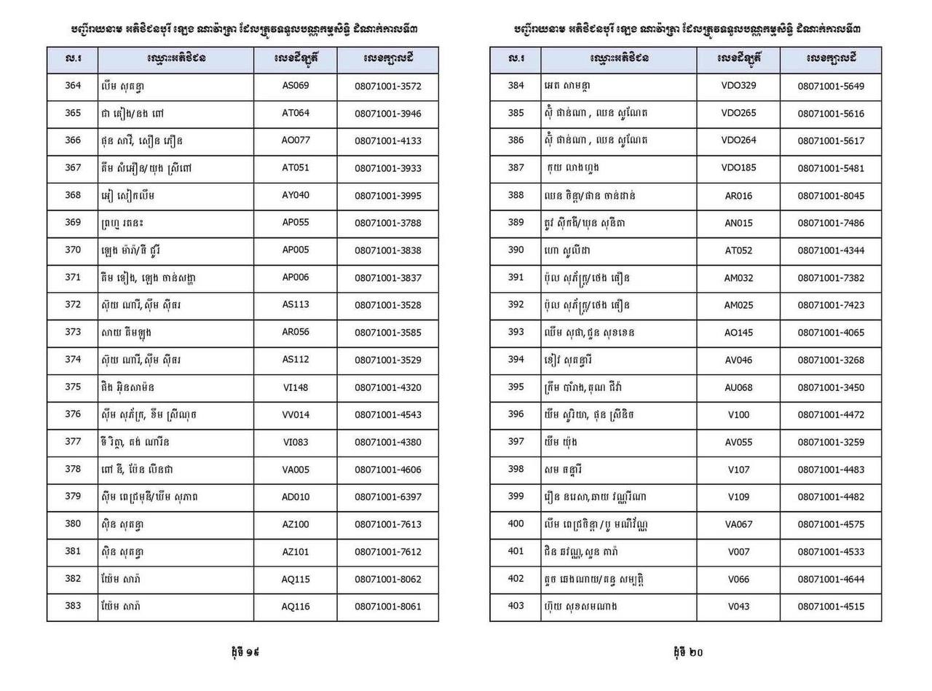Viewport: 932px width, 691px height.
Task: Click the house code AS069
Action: pyautogui.click(x=296, y=86)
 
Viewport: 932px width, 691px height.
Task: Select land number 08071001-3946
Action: pyautogui.click(x=388, y=114)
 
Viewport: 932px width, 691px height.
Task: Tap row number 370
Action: pyautogui.click(x=73, y=250)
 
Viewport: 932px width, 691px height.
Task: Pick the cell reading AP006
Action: pyautogui.click(x=296, y=277)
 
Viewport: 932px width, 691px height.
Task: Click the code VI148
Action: pyautogui.click(x=296, y=387)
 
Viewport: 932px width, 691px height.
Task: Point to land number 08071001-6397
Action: pyautogui.click(x=388, y=497)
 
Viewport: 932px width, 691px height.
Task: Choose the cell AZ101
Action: pyautogui.click(x=296, y=551)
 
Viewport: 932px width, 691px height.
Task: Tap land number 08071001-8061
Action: pyautogui.click(x=388, y=607)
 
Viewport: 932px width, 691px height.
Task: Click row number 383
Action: pyautogui.click(x=73, y=606)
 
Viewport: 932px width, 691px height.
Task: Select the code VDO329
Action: pyautogui.click(x=738, y=86)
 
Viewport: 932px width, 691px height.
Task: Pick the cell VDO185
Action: pyautogui.click(x=738, y=168)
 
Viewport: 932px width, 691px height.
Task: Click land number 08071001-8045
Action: pyautogui.click(x=831, y=196)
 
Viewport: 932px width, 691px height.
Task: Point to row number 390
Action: pyautogui.click(x=516, y=250)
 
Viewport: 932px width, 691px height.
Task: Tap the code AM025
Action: pyautogui.click(x=738, y=305)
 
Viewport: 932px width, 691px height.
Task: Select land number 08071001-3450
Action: pyautogui.click(x=831, y=387)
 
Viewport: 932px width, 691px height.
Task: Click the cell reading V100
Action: pyautogui.click(x=738, y=414)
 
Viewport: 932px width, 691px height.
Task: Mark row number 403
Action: pyautogui.click(x=516, y=606)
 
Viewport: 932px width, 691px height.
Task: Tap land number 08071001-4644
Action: pyautogui.click(x=831, y=579)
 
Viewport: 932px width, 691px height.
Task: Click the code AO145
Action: pyautogui.click(x=738, y=332)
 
